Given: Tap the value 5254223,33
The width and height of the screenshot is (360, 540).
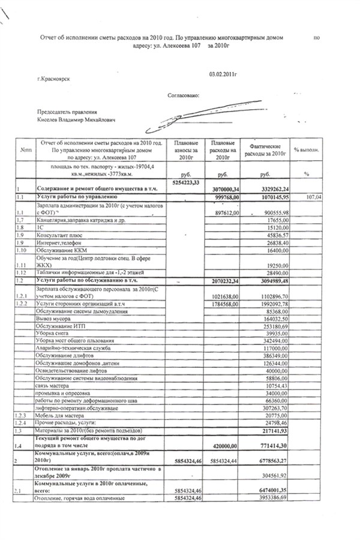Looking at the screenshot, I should (185, 181).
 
